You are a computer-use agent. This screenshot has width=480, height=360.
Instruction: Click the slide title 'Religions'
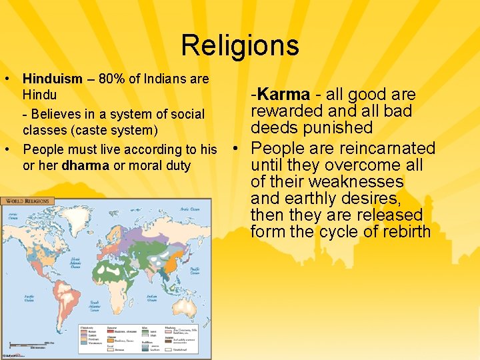[239, 45]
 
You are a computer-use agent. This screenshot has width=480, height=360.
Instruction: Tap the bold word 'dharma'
[85, 165]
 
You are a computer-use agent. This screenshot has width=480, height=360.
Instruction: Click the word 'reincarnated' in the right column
[388, 148]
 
